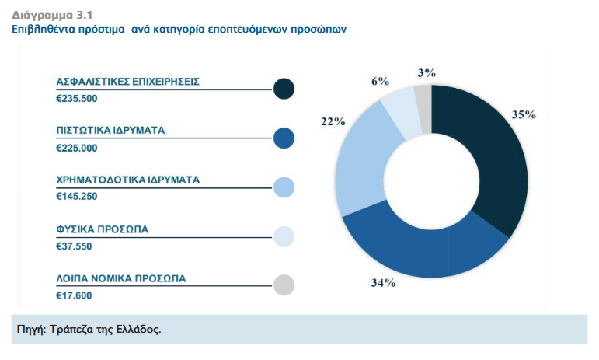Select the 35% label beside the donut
(x=524, y=114)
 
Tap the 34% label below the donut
(x=383, y=282)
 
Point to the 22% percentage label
(x=333, y=121)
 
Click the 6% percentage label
(x=379, y=81)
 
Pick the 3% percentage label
(x=426, y=73)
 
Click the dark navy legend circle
(x=284, y=89)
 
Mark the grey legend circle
(x=284, y=285)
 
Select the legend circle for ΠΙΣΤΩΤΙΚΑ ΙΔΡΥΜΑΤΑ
(x=284, y=138)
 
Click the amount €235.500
(x=77, y=98)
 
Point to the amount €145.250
(x=77, y=197)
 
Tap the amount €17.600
(x=75, y=295)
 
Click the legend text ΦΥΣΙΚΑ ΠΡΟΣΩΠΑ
(x=102, y=229)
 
